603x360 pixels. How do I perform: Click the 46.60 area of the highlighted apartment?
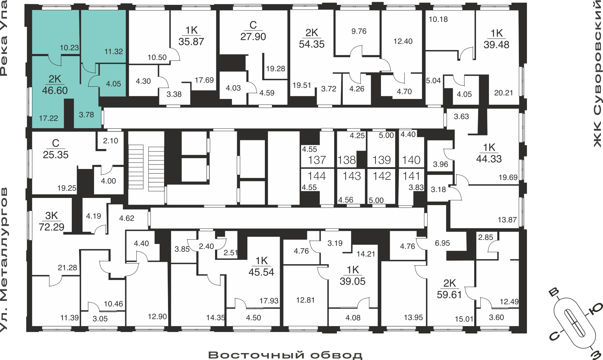[55, 90]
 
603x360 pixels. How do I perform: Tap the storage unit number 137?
[317, 160]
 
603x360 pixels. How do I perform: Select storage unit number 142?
[382, 176]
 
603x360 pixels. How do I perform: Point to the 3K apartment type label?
[51, 215]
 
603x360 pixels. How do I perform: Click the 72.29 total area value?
[51, 227]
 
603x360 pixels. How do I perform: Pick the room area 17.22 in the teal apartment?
[48, 118]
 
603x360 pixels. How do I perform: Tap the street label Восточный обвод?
[285, 355]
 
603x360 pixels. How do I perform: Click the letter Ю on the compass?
[595, 310]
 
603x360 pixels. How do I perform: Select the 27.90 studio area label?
[253, 37]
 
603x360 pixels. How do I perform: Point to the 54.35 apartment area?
[312, 44]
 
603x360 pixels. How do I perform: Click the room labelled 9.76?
[359, 31]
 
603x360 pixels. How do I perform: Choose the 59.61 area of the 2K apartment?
[449, 295]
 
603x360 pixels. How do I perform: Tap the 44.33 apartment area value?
[489, 159]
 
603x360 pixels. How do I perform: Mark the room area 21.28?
[67, 267]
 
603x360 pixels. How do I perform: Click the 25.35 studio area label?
[56, 155]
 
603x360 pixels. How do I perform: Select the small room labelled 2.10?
[110, 141]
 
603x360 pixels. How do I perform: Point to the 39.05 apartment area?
[352, 281]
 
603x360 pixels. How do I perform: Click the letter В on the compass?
[554, 292]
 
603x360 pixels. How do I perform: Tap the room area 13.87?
[507, 220]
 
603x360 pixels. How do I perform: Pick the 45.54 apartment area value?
[261, 272]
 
